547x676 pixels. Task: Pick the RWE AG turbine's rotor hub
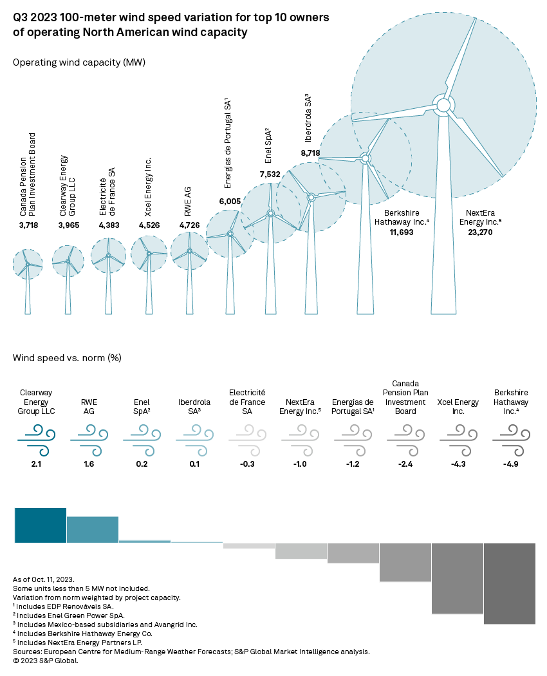point(189,251)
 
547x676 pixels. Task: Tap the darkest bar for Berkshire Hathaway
point(509,583)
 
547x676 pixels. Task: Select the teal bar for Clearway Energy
point(41,525)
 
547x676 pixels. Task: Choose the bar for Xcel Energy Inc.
point(457,578)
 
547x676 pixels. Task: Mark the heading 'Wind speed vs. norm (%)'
point(67,357)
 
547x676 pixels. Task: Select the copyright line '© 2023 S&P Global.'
point(46,661)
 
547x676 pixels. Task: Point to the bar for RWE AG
point(93,529)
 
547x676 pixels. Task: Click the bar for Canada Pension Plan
point(405,562)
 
